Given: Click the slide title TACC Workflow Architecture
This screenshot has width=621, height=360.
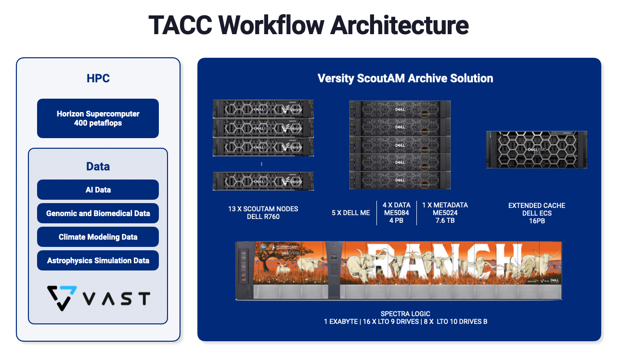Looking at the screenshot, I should click(x=308, y=25).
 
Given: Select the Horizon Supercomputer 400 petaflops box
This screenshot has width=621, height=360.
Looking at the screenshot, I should click(x=98, y=118).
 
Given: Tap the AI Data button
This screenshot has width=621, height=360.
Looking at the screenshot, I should click(x=98, y=190).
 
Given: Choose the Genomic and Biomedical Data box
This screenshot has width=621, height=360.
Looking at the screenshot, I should click(x=98, y=213).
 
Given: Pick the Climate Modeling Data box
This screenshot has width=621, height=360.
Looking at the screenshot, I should click(x=98, y=237).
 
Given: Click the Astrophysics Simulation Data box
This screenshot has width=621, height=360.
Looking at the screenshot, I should click(x=98, y=260).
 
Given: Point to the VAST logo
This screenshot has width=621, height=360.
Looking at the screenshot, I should click(x=98, y=298).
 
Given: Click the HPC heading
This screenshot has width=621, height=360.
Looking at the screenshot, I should click(x=98, y=78).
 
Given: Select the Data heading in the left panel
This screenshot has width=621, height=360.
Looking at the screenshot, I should click(x=98, y=167).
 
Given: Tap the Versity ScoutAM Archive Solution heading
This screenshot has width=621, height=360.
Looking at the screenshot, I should click(x=405, y=78).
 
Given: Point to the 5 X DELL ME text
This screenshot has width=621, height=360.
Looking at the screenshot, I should click(x=350, y=213).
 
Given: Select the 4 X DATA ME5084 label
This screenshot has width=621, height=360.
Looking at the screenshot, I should click(x=396, y=213).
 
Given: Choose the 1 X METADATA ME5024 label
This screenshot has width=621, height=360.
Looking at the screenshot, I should click(x=444, y=213).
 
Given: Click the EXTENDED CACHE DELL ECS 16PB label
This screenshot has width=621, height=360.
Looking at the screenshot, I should click(x=536, y=213).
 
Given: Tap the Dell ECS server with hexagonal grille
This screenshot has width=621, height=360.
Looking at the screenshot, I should click(x=536, y=149).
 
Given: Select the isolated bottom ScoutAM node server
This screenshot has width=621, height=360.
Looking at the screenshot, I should click(x=263, y=181).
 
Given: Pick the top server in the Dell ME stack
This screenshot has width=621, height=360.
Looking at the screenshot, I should click(x=400, y=110).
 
